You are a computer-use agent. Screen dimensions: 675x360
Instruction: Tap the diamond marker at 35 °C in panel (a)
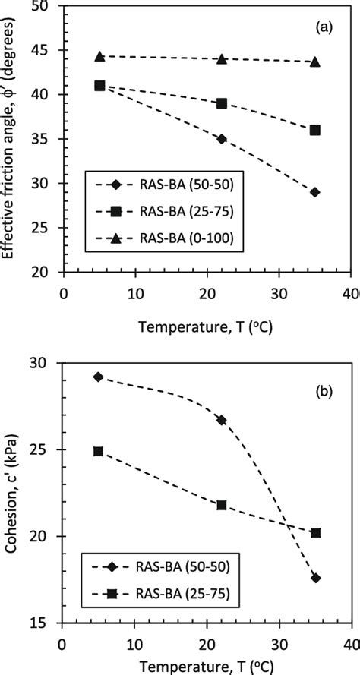pos(315,192)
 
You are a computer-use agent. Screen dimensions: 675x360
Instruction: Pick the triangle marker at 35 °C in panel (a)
pos(315,61)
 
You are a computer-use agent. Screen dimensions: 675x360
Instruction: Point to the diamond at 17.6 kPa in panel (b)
pos(315,578)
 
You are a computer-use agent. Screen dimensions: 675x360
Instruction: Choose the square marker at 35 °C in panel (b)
pos(316,533)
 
